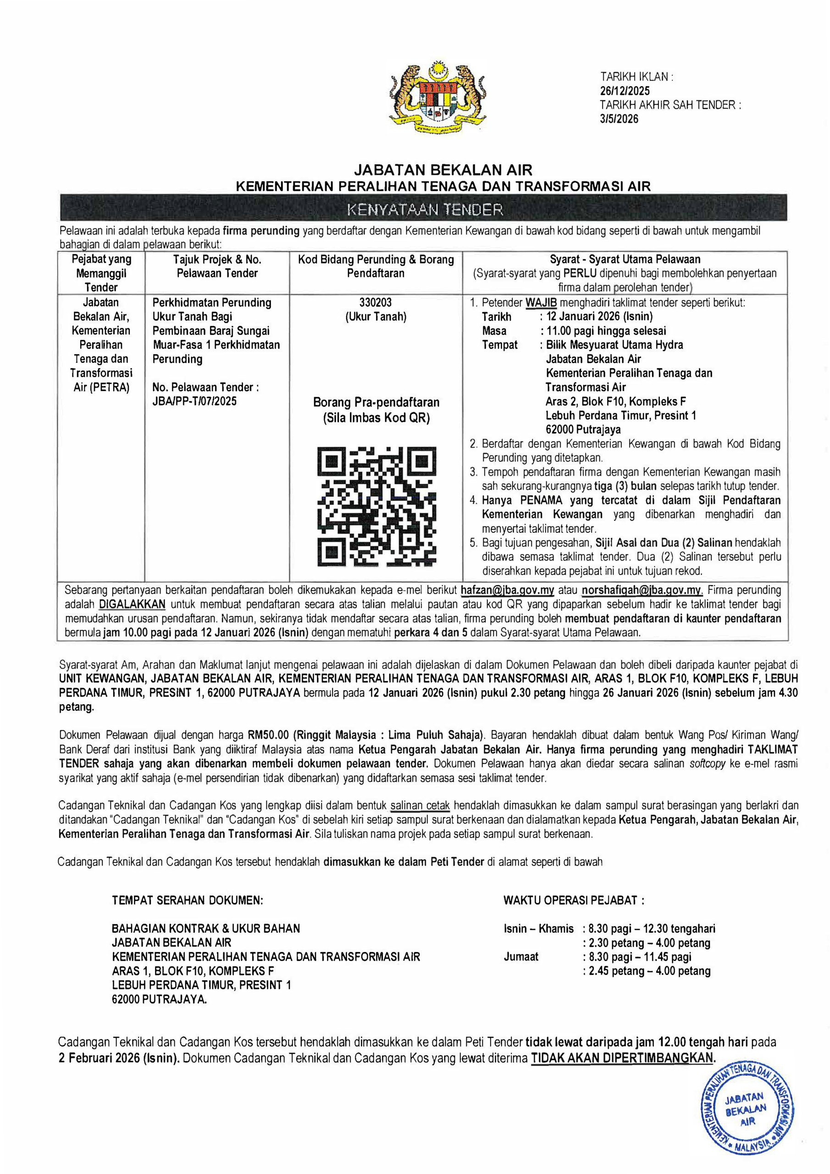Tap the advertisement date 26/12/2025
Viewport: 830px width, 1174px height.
click(x=625, y=91)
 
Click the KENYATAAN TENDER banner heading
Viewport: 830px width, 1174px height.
click(x=425, y=210)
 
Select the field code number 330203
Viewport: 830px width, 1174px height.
click(x=376, y=302)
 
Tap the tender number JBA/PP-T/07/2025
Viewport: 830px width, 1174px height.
click(x=194, y=401)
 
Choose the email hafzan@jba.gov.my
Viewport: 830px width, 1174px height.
click(x=507, y=590)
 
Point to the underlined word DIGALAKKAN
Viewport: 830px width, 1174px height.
click(x=132, y=604)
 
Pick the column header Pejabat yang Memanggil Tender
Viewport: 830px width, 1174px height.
click(x=101, y=273)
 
